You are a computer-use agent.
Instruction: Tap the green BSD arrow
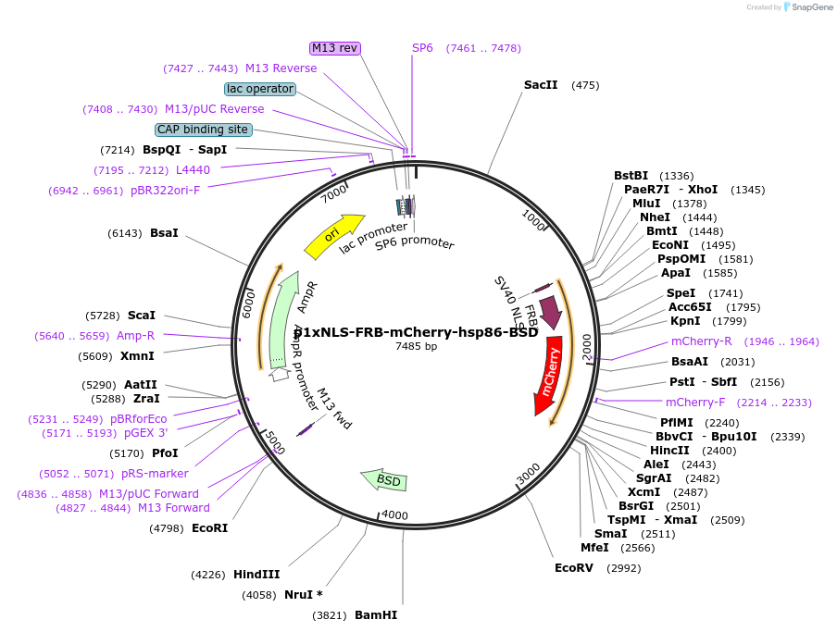385,479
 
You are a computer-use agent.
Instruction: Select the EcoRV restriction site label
573,568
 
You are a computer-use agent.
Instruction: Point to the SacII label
541,85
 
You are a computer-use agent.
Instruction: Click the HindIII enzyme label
256,575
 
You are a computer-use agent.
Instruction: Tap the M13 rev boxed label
334,48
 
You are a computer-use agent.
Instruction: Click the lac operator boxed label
260,89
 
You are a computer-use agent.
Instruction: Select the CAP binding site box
203,130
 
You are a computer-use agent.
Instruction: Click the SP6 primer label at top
422,48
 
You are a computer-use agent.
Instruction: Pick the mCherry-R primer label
701,341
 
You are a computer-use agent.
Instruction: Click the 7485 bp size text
416,346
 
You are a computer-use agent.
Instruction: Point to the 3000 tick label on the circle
529,475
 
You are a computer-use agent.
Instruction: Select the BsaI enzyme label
164,233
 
